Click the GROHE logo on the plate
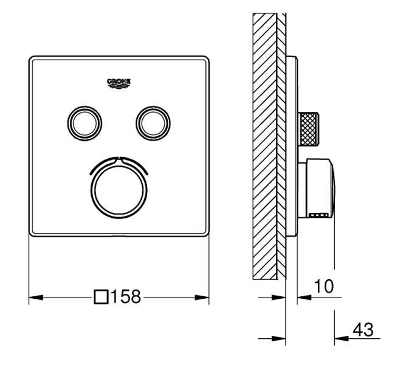point(119,83)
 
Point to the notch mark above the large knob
point(119,158)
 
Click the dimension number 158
point(126,297)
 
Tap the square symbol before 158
point(101,297)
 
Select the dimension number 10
point(324,286)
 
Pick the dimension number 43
point(363,330)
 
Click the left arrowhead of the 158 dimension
point(36,297)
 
